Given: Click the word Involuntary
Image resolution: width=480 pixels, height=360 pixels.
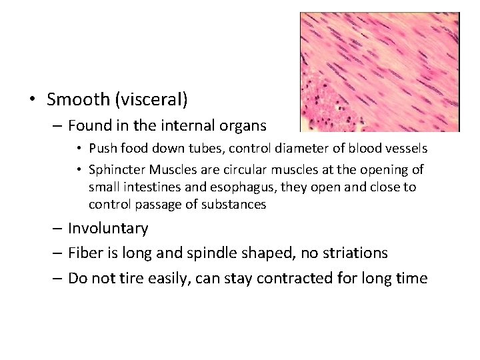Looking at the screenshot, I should (108, 229).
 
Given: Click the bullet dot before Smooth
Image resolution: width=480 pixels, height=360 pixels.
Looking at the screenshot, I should (33, 101).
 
